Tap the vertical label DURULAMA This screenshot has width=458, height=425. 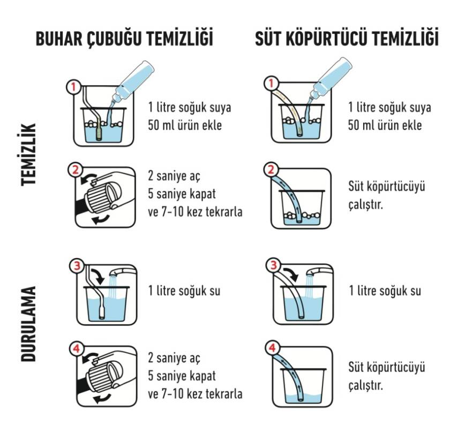click(x=29, y=324)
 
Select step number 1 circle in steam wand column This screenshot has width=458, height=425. click(x=73, y=86)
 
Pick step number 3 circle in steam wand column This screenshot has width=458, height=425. click(x=77, y=264)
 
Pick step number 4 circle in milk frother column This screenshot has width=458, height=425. click(x=272, y=349)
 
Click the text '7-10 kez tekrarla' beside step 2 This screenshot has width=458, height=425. click(x=201, y=211)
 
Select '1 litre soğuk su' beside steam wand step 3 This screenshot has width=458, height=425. click(x=184, y=291)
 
